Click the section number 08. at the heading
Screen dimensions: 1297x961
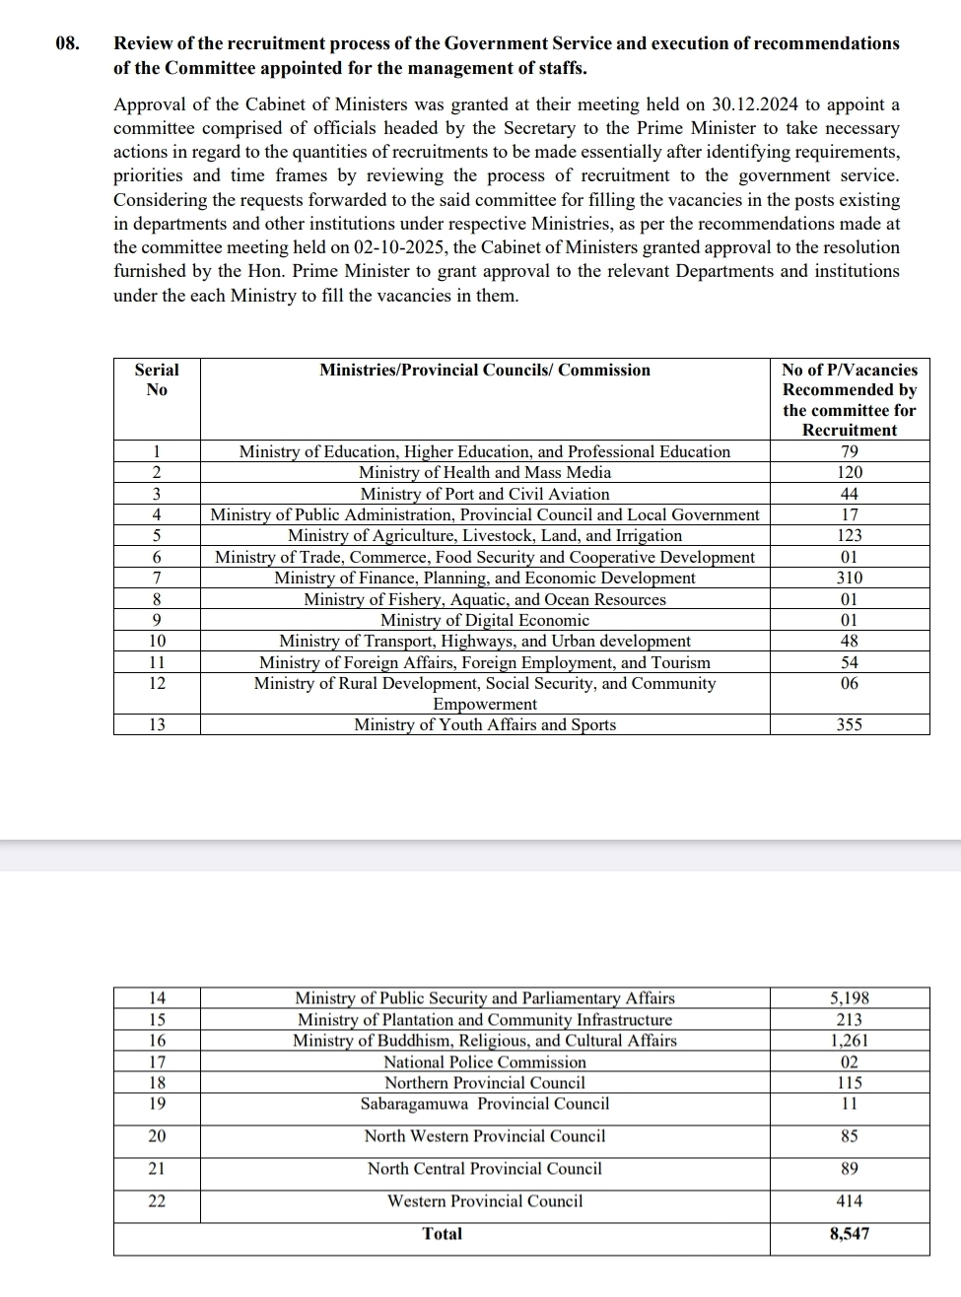66,43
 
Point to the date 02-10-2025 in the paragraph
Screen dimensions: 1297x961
406,247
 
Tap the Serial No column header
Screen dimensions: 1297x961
157,379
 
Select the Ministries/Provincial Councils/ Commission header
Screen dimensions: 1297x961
485,371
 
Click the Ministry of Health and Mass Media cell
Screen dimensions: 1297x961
485,472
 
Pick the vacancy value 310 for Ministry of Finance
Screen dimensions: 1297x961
849,578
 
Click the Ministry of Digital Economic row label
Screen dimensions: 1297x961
485,620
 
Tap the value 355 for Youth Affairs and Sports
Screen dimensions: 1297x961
849,724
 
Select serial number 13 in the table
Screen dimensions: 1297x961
157,724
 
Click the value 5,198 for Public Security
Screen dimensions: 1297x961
849,998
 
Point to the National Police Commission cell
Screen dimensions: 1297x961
485,1061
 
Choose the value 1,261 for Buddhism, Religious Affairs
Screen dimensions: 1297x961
849,1041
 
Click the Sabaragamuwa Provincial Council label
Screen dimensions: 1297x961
485,1104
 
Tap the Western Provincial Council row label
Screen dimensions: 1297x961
485,1201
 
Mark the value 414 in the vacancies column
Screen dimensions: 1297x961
849,1201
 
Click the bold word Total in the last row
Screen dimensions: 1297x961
442,1234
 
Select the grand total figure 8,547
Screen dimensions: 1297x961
849,1234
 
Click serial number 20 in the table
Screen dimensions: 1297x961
157,1136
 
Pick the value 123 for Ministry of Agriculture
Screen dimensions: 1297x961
849,535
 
